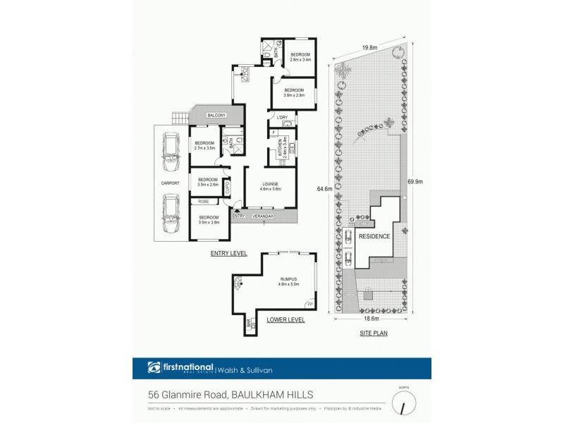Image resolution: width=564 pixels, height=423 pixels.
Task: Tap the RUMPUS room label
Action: pos(290,280)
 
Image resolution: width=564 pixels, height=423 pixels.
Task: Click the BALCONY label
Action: pos(216,115)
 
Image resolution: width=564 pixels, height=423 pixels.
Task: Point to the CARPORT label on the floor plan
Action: pos(171,183)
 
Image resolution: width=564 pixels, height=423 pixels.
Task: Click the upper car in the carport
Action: pos(170,154)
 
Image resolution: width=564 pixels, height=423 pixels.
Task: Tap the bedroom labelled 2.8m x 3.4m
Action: pos(301,57)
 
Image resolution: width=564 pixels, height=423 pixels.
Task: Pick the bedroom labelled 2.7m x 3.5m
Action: pos(204,145)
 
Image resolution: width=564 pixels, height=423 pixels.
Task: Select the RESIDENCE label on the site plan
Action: pos(374,236)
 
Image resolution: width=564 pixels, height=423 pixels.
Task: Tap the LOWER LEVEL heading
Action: pos(286,319)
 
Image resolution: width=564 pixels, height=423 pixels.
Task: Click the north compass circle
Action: pos(403,405)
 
